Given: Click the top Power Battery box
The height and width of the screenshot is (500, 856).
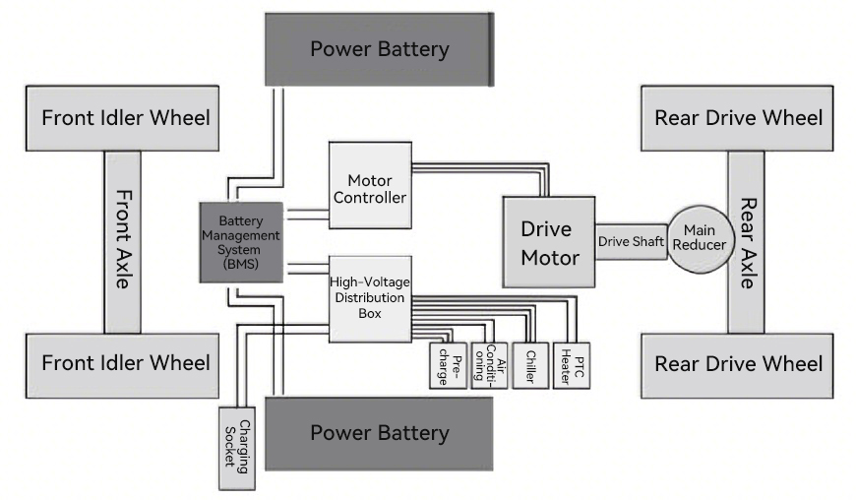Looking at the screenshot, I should pos(379,48).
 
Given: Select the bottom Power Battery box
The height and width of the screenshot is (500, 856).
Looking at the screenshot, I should pos(379,433).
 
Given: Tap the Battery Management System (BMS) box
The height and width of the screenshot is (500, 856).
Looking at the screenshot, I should pos(241,242).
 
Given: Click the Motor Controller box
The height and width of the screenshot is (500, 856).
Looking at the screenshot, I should pos(369,187).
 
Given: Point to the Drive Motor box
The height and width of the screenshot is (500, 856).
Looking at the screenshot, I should pos(548,242).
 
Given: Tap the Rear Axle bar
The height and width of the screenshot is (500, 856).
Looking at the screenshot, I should pos(746,242).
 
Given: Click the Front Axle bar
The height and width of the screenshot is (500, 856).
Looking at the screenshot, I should pos(122,242).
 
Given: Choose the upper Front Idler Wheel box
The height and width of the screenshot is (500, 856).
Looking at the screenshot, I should pos(122,118).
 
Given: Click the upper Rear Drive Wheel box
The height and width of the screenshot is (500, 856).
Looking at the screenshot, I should pos(737,118).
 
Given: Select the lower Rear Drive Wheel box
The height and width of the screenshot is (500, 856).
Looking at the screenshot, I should pos(737,364).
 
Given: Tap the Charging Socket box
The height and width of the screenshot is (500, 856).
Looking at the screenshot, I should pos(236,448).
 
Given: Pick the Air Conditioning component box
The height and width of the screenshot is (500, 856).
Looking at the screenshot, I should pos(489,365).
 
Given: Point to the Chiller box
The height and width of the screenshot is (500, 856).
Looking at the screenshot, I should pos(529,365).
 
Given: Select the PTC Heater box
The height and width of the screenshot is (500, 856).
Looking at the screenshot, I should pos(572,365).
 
